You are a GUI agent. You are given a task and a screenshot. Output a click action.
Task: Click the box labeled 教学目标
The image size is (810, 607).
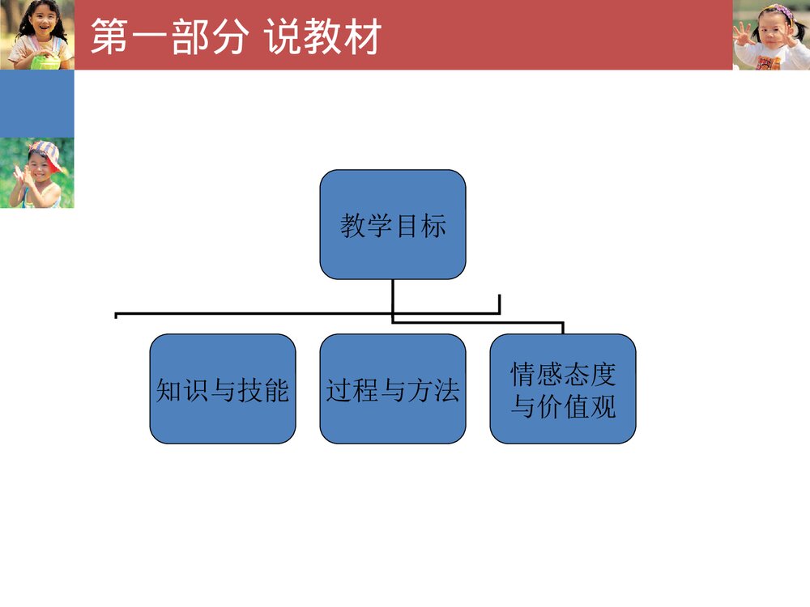(x=393, y=224)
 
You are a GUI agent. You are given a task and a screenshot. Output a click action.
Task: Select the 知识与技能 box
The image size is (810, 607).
(x=223, y=388)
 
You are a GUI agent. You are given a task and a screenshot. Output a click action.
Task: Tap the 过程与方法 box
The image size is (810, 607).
(x=393, y=388)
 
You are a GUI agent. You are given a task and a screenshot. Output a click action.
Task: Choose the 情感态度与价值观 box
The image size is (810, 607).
(x=563, y=388)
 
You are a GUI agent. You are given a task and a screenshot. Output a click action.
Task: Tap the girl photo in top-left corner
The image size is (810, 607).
(x=36, y=35)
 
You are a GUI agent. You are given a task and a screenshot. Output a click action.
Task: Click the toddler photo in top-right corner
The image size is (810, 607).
(x=770, y=35)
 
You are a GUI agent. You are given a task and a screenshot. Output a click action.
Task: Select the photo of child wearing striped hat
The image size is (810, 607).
(x=36, y=172)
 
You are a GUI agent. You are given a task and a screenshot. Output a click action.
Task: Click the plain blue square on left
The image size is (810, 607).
(x=36, y=104)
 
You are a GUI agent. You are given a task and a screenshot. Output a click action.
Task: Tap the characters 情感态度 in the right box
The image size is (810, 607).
(x=563, y=374)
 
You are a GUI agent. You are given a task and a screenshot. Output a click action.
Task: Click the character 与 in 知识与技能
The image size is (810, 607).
(x=223, y=390)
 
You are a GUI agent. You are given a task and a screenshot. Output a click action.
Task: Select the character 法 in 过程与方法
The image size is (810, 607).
(x=446, y=390)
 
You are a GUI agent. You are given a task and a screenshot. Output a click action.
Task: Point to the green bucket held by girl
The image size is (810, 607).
(x=45, y=61)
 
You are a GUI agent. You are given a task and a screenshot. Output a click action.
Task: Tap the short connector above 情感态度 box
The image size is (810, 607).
(x=563, y=328)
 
